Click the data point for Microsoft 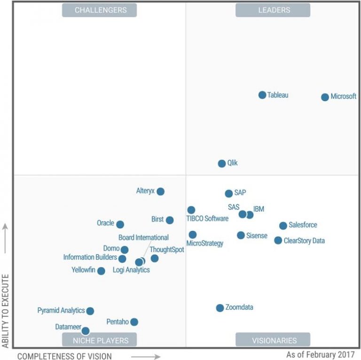pyautogui.click(x=325, y=97)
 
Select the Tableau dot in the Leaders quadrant pyautogui.click(x=262, y=95)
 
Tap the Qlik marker pyautogui.click(x=222, y=164)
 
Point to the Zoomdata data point pyautogui.click(x=220, y=308)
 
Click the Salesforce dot pyautogui.click(x=283, y=226)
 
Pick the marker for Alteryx pyautogui.click(x=160, y=191)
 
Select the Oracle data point pyautogui.click(x=120, y=225)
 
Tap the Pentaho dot pyautogui.click(x=134, y=322)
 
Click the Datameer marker pyautogui.click(x=86, y=331)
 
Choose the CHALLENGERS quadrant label pyautogui.click(x=99, y=10)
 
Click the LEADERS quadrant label pyautogui.click(x=273, y=10)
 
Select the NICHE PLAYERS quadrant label pyautogui.click(x=99, y=340)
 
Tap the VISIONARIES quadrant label pyautogui.click(x=273, y=340)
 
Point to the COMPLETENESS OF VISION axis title pyautogui.click(x=64, y=356)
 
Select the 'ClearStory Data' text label pyautogui.click(x=304, y=241)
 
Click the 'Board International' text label pyautogui.click(x=143, y=238)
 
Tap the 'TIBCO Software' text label pyautogui.click(x=207, y=219)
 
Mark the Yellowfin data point pyautogui.click(x=101, y=271)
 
